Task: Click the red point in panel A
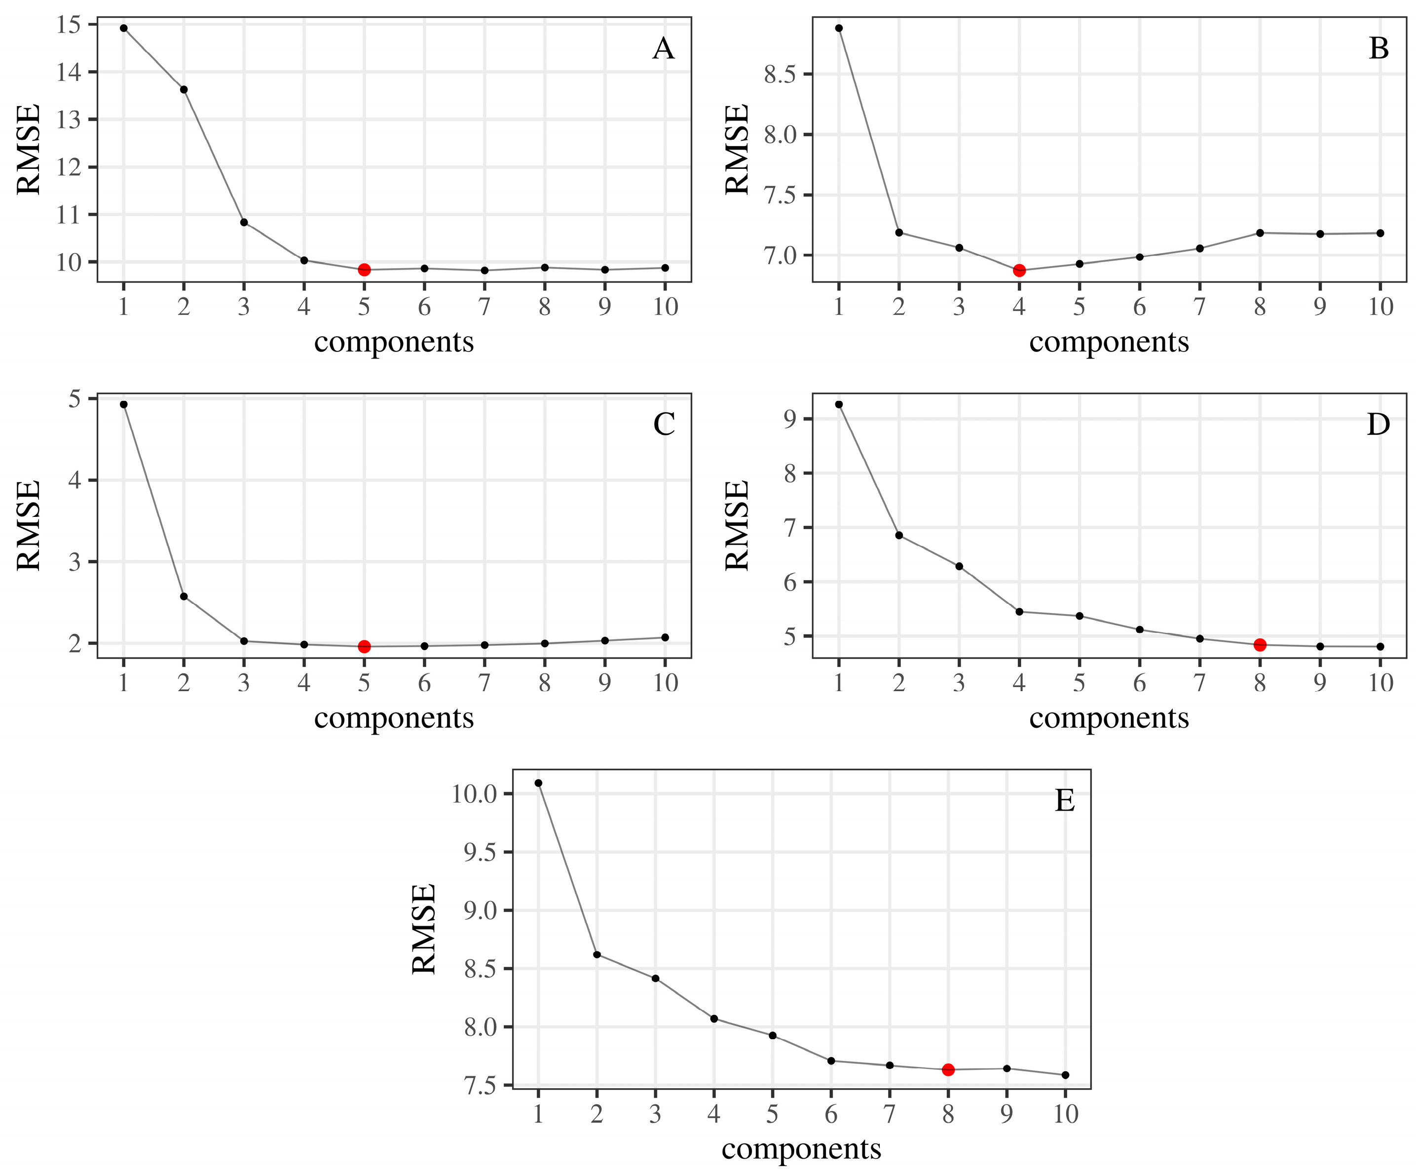pyautogui.click(x=364, y=270)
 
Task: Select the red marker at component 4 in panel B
pyautogui.click(x=1019, y=271)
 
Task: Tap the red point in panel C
pyautogui.click(x=364, y=646)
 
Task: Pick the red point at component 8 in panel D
pyautogui.click(x=1260, y=645)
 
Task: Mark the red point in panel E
pyautogui.click(x=948, y=1070)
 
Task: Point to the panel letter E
pyautogui.click(x=1064, y=801)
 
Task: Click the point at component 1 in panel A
pyautogui.click(x=123, y=28)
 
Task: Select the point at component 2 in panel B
pyautogui.click(x=899, y=233)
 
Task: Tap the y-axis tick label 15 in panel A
pyautogui.click(x=69, y=25)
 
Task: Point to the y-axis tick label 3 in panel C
pyautogui.click(x=75, y=562)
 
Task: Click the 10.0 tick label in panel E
pyautogui.click(x=473, y=794)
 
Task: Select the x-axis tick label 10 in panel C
pyautogui.click(x=665, y=683)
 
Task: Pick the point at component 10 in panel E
pyautogui.click(x=1065, y=1075)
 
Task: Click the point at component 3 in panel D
pyautogui.click(x=959, y=566)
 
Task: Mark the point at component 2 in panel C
pyautogui.click(x=184, y=596)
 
